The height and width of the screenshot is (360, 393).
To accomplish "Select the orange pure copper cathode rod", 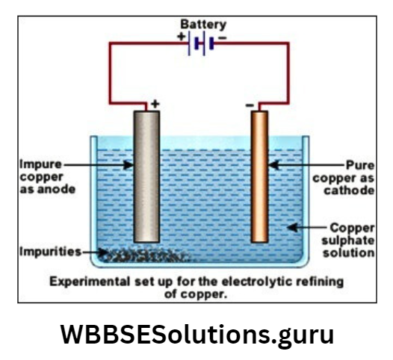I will pyautogui.click(x=259, y=176).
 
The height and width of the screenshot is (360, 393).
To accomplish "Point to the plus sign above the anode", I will pyautogui.click(x=155, y=105).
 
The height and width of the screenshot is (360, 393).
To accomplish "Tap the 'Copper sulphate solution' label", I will pyautogui.click(x=350, y=238).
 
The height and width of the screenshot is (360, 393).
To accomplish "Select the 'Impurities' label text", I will pyautogui.click(x=49, y=252).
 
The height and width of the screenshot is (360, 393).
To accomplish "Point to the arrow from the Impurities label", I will pyautogui.click(x=93, y=252).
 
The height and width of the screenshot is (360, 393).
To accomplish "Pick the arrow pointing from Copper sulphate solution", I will pyautogui.click(x=303, y=226).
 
